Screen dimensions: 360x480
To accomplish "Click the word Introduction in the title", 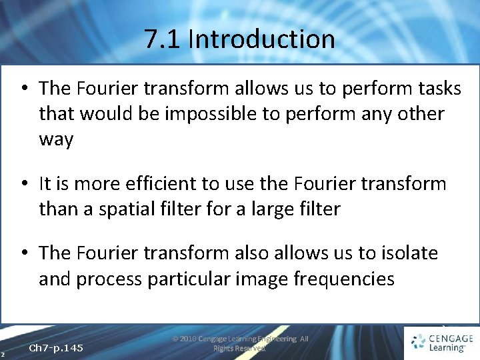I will click(x=261, y=39).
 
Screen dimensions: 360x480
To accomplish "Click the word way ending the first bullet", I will click(x=56, y=140).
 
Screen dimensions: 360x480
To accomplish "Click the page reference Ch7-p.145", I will click(x=57, y=348).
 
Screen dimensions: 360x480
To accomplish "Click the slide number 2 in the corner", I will click(x=3, y=353).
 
